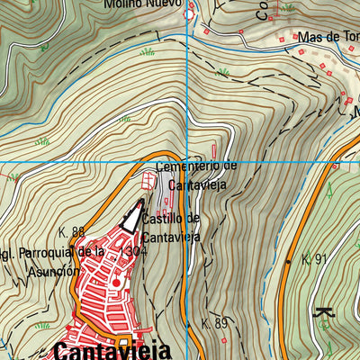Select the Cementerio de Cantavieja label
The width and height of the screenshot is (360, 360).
coord(195,175)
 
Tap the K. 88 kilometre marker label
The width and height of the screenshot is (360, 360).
coord(71,232)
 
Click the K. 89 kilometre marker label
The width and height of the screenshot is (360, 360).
coord(215,323)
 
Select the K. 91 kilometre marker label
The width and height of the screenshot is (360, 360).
coord(315,259)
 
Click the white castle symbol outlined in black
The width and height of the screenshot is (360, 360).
coord(133,216)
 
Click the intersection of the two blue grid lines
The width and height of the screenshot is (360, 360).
coord(188,162)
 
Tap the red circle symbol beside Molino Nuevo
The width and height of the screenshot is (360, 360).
coord(189,14)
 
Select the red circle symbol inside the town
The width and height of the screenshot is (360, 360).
coord(115,283)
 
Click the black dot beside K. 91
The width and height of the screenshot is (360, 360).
coord(288,261)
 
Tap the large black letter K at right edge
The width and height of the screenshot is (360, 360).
coord(324,314)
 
